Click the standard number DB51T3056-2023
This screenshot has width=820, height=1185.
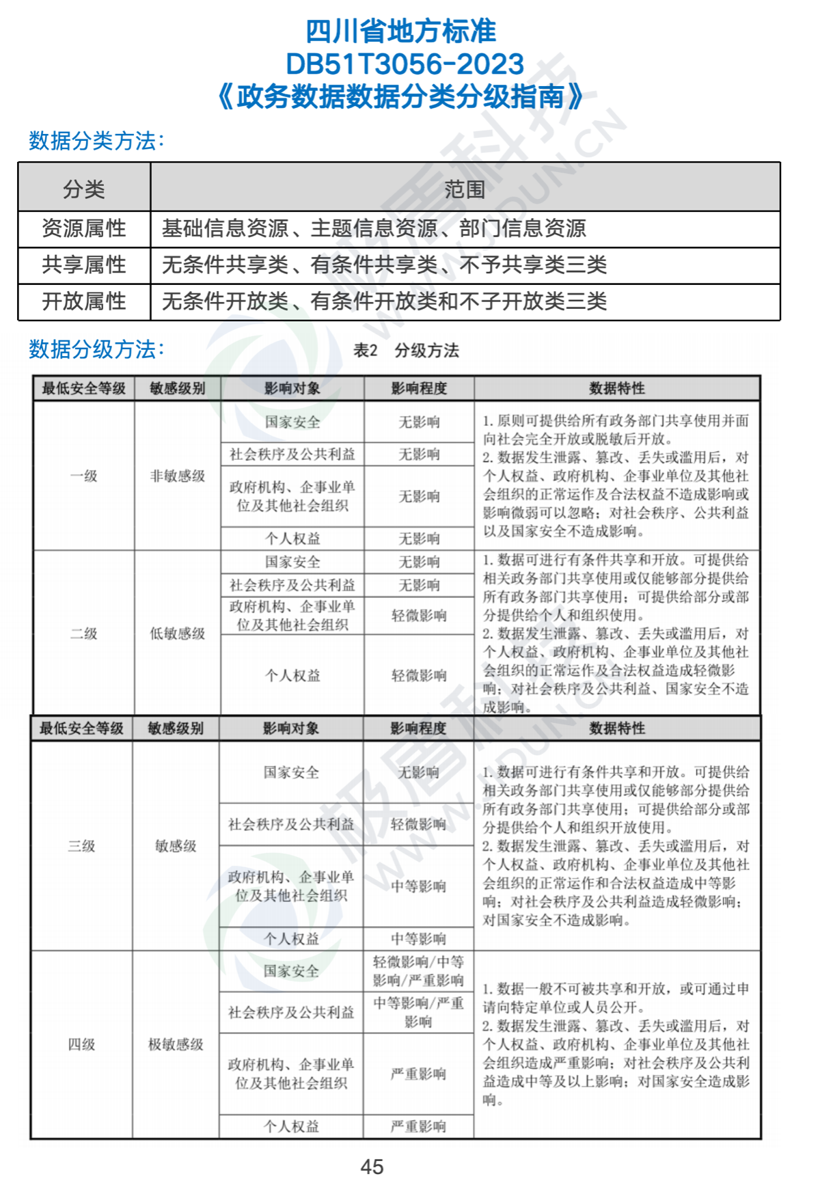click(x=405, y=64)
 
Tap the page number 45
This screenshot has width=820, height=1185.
click(x=372, y=1167)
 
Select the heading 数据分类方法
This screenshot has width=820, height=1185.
click(x=96, y=141)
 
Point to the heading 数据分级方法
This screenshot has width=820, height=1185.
click(x=96, y=349)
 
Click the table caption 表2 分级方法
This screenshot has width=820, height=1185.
click(x=406, y=351)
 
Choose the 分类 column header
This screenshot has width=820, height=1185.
click(x=84, y=189)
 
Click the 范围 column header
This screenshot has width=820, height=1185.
click(x=465, y=189)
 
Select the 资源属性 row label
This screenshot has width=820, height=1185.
click(x=84, y=228)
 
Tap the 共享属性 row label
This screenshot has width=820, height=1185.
click(x=84, y=264)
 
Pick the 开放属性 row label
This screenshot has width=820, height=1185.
click(x=84, y=301)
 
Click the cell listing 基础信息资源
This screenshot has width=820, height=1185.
click(x=374, y=228)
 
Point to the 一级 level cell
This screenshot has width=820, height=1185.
click(x=84, y=476)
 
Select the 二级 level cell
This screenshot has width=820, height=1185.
click(x=84, y=634)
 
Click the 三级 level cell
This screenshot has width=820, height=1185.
click(x=81, y=846)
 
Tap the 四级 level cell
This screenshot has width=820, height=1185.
click(x=81, y=1044)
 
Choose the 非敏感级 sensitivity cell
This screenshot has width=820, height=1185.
click(x=178, y=476)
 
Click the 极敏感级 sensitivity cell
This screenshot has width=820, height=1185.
click(x=176, y=1044)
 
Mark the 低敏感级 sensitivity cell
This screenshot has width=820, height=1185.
click(x=178, y=634)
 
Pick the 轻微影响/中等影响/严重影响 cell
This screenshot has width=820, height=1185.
click(x=418, y=971)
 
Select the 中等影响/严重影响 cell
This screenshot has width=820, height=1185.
click(x=418, y=1012)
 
